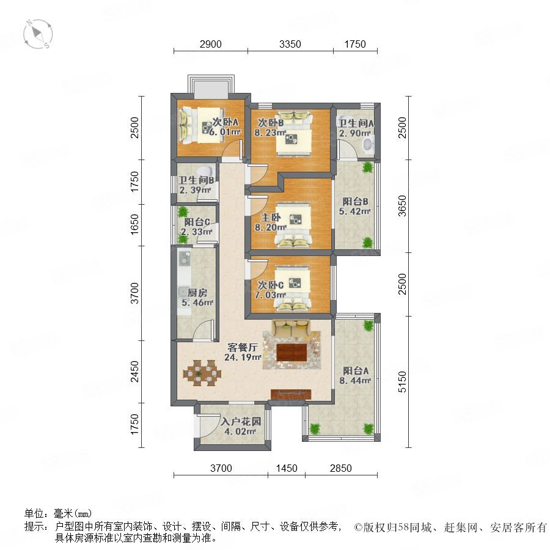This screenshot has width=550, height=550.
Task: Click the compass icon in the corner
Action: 38,34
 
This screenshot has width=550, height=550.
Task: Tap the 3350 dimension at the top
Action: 290,44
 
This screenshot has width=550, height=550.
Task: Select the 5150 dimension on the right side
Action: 402,381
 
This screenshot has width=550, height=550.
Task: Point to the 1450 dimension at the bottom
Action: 287,468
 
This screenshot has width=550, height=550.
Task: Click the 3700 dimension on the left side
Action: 134,293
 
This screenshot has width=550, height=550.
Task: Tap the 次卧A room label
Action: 226,122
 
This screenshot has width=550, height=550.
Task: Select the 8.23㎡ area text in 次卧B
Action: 270,133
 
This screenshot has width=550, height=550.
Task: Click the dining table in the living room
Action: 202,373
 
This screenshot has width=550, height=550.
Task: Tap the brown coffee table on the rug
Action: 292,352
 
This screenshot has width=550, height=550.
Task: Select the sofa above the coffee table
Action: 291,328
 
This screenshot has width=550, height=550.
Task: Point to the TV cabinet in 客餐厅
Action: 291,394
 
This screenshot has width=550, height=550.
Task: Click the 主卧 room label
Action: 271,218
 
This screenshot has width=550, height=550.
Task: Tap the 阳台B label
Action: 355,202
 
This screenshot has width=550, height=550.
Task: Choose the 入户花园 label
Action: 241,421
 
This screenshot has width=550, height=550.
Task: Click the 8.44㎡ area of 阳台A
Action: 355,381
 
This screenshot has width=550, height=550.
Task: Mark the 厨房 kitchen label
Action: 197,293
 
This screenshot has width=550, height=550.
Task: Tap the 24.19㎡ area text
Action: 243,358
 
